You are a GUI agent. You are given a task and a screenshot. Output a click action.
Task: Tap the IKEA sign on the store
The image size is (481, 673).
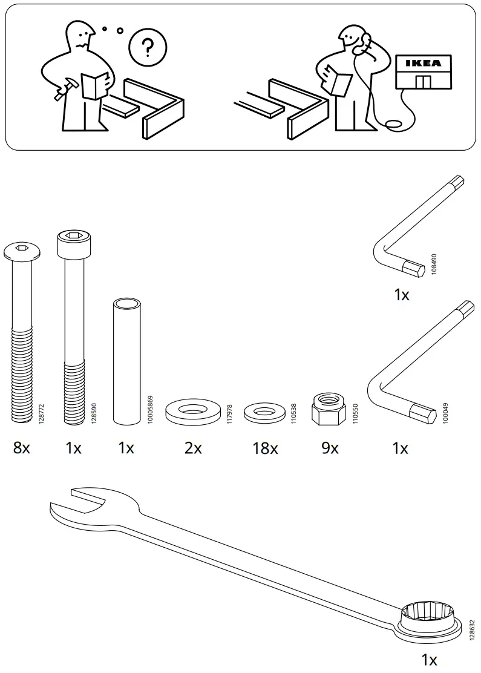(x=423, y=63)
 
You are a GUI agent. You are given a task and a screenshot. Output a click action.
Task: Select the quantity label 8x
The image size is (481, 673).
(x=21, y=448)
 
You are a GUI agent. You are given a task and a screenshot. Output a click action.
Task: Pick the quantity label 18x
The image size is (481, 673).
(x=265, y=448)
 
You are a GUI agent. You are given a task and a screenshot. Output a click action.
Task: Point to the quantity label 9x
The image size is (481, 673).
(x=330, y=448)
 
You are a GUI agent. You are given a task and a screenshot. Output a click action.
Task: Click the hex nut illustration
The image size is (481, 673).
(x=327, y=408)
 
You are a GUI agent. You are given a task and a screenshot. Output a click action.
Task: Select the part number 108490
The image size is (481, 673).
(x=434, y=265)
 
